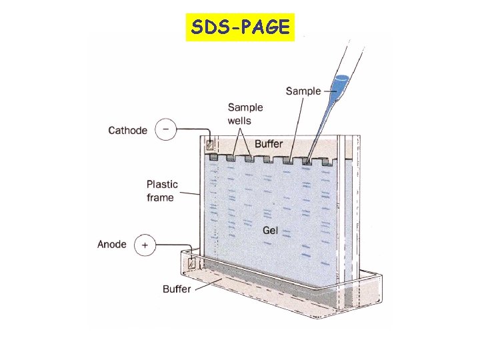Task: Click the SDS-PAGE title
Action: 239,27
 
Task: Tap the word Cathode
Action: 128,130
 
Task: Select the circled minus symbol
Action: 165,130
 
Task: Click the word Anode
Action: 111,245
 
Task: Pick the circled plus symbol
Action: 145,245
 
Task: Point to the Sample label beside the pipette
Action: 303,91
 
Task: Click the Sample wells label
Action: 245,113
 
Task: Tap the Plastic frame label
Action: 162,191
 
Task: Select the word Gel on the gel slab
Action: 270,230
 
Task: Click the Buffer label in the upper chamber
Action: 269,144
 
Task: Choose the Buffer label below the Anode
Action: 177,289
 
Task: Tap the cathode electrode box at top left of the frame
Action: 210,145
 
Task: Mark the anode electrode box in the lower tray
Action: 192,263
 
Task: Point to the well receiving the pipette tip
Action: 308,161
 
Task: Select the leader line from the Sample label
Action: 327,91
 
